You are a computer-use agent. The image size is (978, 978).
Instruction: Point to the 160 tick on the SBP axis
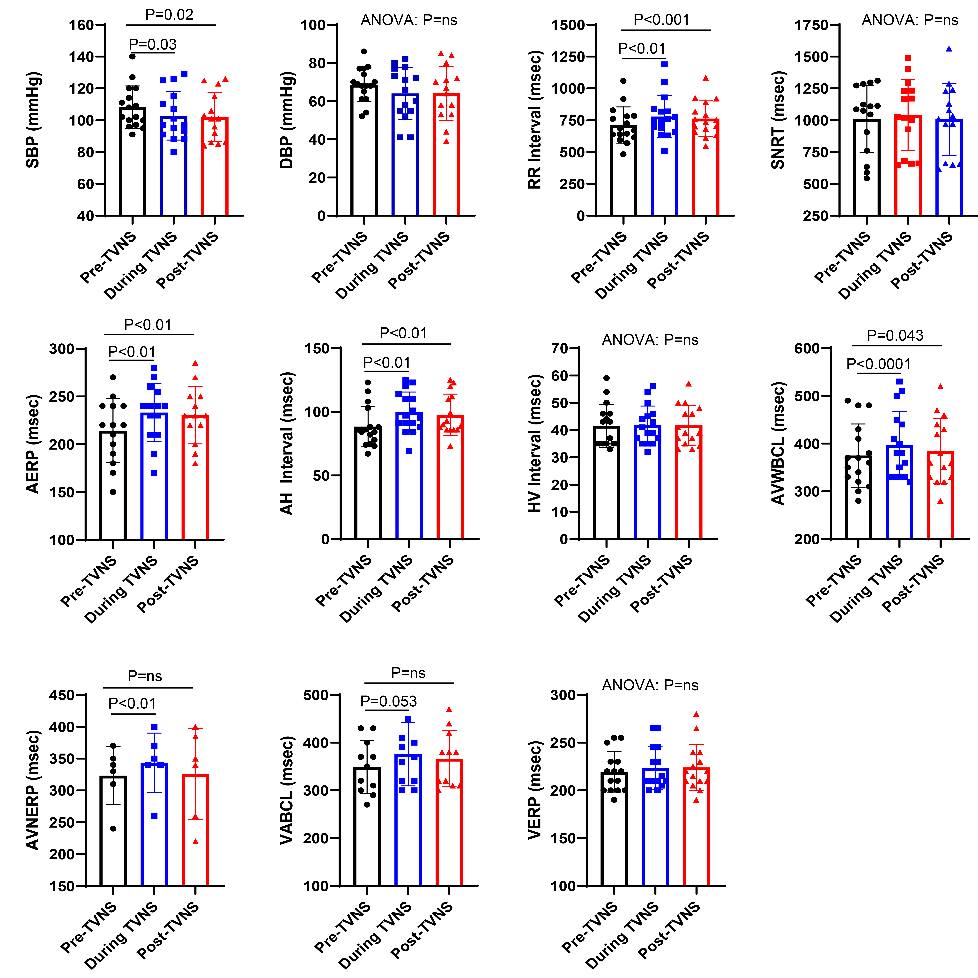(x=81, y=25)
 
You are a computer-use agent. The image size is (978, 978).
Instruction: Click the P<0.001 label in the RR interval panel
(x=662, y=20)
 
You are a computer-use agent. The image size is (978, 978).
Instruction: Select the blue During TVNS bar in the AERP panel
(x=154, y=476)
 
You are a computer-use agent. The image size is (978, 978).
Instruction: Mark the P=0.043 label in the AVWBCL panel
(x=895, y=335)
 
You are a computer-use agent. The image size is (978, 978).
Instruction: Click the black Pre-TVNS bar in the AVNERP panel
(x=113, y=830)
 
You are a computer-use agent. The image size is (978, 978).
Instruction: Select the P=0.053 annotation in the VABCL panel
(x=388, y=701)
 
